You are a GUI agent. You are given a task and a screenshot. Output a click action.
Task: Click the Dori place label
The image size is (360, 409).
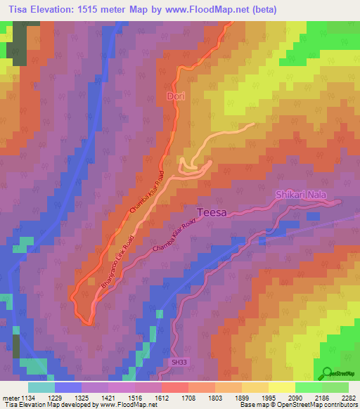(175, 96)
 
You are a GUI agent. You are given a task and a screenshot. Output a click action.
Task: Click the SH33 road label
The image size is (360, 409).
(179, 362)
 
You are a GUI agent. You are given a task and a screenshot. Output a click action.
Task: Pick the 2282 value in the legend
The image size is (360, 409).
(349, 398)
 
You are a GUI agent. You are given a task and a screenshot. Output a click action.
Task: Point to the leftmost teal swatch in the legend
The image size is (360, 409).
(41, 387)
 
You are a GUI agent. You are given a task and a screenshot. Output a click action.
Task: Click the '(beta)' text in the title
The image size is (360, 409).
(264, 10)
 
